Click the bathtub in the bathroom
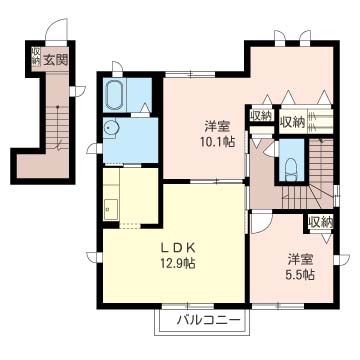[x=115, y=94]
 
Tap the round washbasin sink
[x=110, y=129]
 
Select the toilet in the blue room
[x=291, y=168]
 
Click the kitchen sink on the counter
[x=111, y=209]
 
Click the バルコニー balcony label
[x=209, y=321]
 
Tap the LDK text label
[x=177, y=248]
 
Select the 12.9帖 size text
[x=177, y=263]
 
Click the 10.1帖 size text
[x=218, y=142]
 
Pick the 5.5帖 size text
[x=301, y=275]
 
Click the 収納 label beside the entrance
[x=36, y=55]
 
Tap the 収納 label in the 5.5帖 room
[x=321, y=223]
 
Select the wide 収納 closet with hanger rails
[x=306, y=121]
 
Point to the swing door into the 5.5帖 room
[x=262, y=223]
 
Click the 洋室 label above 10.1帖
[x=217, y=127]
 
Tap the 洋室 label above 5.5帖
[x=300, y=259]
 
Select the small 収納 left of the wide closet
[x=261, y=115]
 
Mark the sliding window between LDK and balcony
[x=188, y=306]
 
